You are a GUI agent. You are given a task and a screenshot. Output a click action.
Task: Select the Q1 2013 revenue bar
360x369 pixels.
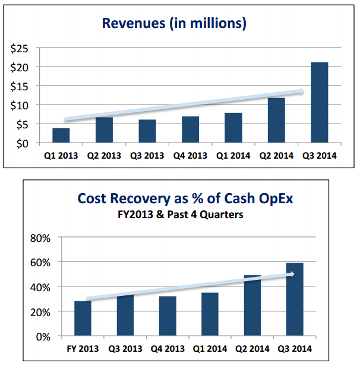pos(61,135)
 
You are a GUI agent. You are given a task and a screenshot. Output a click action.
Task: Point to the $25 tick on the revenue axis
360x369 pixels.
pos(21,48)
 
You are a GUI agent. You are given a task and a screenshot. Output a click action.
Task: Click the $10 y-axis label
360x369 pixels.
pos(21,105)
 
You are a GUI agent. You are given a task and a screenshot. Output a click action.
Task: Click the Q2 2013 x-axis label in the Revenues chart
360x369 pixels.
pos(105,156)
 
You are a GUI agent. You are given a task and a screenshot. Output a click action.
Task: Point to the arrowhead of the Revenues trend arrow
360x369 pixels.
pos(302,91)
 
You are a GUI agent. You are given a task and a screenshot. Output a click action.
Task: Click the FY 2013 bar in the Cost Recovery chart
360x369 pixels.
pos(83,319)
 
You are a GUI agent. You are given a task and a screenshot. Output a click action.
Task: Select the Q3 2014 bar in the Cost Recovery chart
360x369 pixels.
pos(295,300)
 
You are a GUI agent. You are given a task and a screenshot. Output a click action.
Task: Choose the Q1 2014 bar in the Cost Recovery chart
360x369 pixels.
pos(210,314)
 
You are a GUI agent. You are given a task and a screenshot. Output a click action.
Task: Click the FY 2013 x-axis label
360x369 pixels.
pos(83,348)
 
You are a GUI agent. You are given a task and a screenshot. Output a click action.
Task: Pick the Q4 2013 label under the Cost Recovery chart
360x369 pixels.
pos(168,348)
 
